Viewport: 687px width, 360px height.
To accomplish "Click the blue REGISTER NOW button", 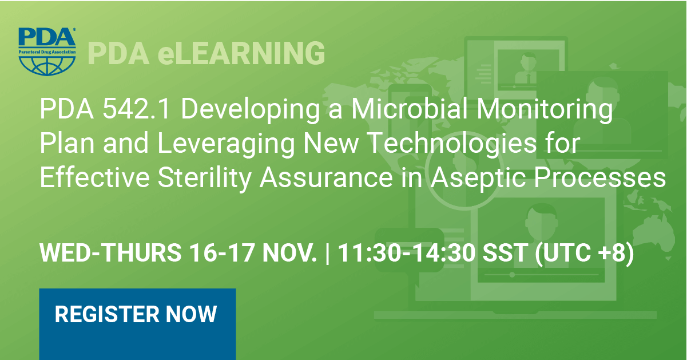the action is [137, 324].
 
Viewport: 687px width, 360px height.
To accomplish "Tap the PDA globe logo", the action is [47, 52].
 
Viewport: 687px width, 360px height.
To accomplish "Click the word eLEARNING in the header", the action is [241, 53].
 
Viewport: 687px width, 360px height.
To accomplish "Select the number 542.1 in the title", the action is [136, 109].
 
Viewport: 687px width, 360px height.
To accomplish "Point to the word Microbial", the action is [410, 109].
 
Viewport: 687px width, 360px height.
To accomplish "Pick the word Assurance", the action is [326, 178].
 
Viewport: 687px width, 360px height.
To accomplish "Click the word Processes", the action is [600, 178].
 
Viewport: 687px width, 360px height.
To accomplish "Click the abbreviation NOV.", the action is [289, 252].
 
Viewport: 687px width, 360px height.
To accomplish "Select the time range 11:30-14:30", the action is [406, 252].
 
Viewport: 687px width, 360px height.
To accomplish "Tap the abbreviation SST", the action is [505, 252].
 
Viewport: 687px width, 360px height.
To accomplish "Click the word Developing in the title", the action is [251, 111].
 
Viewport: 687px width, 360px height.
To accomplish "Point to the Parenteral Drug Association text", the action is [47, 52].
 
